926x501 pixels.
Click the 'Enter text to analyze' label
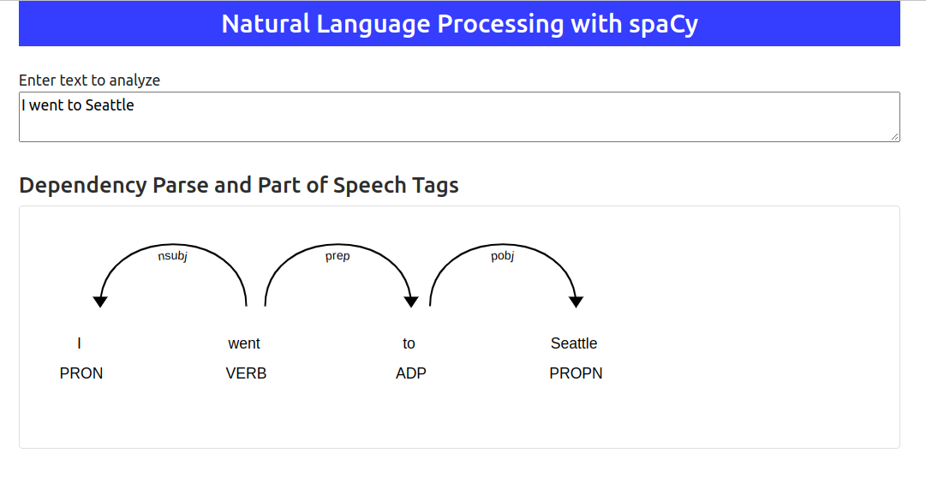click(89, 81)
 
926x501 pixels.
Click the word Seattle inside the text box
click(110, 105)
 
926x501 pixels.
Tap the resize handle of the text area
click(894, 136)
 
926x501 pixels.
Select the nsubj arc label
click(172, 255)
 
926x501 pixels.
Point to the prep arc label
click(338, 255)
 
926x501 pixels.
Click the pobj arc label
click(503, 255)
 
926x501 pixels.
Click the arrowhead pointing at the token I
click(100, 301)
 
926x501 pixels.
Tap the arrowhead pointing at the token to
click(411, 301)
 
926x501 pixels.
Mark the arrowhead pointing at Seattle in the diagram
click(576, 301)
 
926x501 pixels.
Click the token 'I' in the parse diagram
click(79, 343)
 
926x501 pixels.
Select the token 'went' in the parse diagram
click(244, 343)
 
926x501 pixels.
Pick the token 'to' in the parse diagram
click(409, 343)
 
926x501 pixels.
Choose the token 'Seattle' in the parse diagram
click(574, 343)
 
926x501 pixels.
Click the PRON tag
click(81, 373)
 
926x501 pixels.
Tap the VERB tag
click(246, 373)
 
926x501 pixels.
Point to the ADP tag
click(411, 373)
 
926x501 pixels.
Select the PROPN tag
click(576, 373)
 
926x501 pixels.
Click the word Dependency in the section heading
click(83, 185)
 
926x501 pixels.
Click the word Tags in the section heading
click(435, 185)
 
